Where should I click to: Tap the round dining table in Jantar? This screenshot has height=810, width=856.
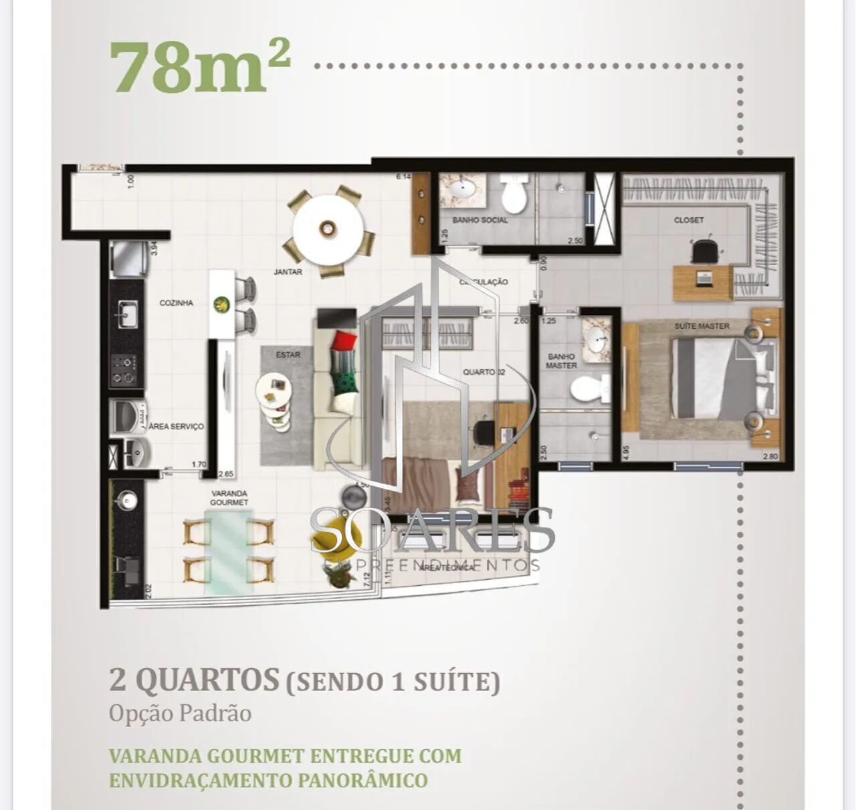click(x=328, y=229)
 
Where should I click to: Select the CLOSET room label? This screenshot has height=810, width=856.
click(x=688, y=220)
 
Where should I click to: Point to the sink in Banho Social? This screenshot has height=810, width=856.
click(x=461, y=189)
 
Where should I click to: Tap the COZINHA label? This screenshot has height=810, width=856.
click(x=176, y=303)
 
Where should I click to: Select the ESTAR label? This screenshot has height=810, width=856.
click(x=288, y=355)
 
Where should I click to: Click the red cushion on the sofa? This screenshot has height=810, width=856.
click(x=342, y=340)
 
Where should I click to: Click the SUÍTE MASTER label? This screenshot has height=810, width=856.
click(x=702, y=326)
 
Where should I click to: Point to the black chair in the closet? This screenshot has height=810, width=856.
click(x=706, y=251)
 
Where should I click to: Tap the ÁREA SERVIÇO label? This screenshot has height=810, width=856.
click(x=176, y=426)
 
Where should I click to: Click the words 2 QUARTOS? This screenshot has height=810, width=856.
click(x=194, y=680)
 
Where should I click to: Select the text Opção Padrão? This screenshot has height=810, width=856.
click(x=180, y=714)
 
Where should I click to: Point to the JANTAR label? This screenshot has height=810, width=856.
click(x=288, y=272)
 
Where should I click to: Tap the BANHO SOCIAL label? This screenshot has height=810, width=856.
click(x=479, y=220)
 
